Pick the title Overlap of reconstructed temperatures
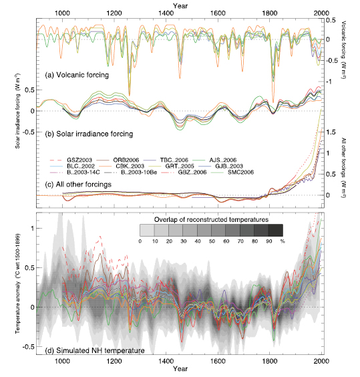pos(212,219)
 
